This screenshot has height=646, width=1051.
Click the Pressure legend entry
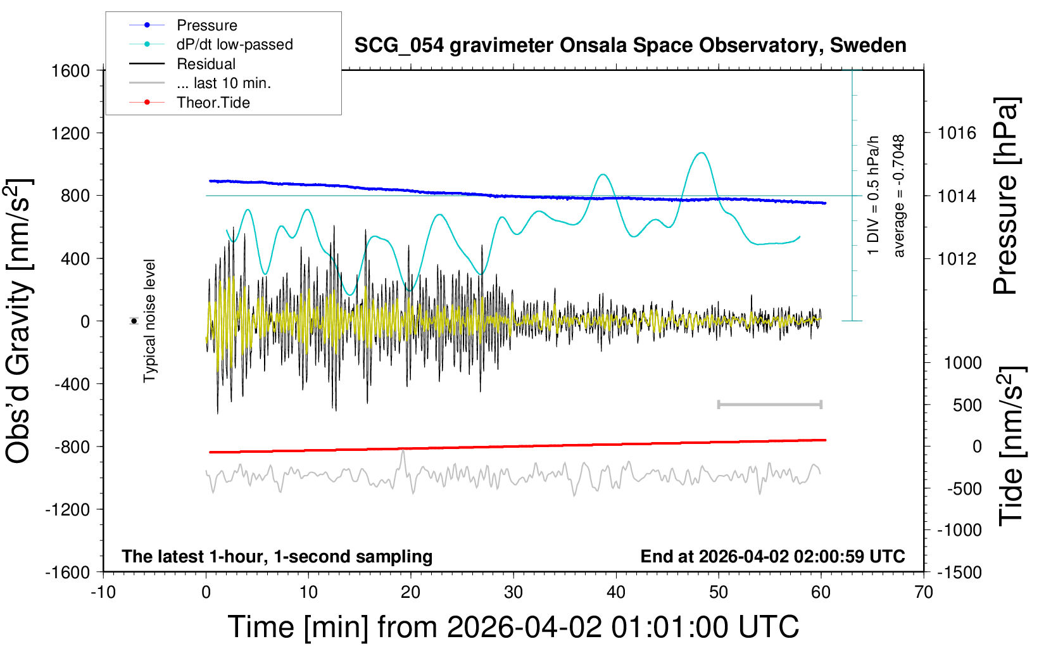[x=206, y=25]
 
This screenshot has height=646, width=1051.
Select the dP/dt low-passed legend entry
[x=234, y=44]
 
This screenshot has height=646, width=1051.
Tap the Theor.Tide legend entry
[x=213, y=103]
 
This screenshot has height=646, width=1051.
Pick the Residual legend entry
[x=206, y=64]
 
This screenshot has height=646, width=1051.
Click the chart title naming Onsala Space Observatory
[x=630, y=46]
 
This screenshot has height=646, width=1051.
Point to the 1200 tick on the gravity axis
[x=71, y=133]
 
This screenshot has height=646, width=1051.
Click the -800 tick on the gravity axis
[x=71, y=446]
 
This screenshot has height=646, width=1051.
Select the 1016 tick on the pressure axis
[x=957, y=133]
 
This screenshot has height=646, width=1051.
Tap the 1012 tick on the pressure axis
[x=957, y=258]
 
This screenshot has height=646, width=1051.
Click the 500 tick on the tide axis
[x=967, y=405]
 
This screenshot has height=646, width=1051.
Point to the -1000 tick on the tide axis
[x=959, y=530]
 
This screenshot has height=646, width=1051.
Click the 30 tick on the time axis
[x=513, y=592]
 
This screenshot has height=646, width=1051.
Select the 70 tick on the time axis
[x=924, y=592]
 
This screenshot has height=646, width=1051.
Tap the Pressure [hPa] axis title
[x=1005, y=196]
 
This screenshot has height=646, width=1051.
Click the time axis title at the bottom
[x=513, y=627]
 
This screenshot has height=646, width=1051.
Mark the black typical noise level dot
[x=134, y=321]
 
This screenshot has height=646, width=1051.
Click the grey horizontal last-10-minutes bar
[x=769, y=404]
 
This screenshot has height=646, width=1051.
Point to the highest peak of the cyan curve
[x=701, y=153]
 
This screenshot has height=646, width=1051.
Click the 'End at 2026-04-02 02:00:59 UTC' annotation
[x=772, y=556]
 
